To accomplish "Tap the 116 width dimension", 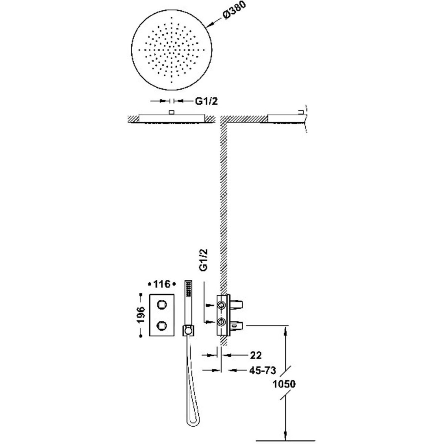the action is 162,284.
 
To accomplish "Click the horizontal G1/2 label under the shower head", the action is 206,101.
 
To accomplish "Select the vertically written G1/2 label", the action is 203,260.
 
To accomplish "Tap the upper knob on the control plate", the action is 161,305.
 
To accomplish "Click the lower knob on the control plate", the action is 161,325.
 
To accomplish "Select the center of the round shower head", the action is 172,50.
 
